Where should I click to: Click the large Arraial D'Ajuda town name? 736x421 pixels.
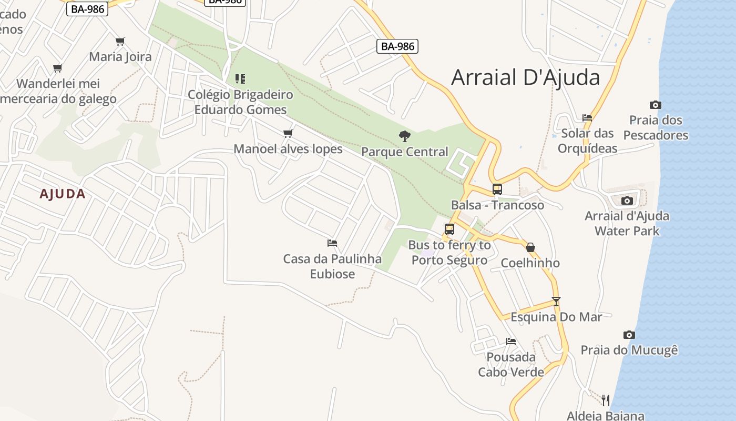(x=525, y=77)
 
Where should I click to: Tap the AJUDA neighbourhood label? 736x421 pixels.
(x=63, y=194)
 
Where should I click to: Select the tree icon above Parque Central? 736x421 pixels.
(x=404, y=136)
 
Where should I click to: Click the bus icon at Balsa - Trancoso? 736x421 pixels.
(x=497, y=189)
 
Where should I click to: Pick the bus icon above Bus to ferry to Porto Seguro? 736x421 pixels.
(x=449, y=229)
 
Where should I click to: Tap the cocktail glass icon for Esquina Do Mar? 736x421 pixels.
(x=556, y=302)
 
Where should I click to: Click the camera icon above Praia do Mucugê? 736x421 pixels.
(x=629, y=335)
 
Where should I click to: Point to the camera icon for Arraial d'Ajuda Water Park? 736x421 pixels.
(x=627, y=201)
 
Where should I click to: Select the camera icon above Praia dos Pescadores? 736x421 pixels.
(x=655, y=105)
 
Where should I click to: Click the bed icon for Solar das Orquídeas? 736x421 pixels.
(x=587, y=118)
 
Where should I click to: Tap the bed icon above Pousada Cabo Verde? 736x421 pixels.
(x=510, y=342)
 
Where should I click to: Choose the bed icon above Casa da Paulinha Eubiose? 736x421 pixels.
(x=332, y=243)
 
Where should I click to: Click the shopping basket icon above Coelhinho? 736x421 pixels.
(x=530, y=247)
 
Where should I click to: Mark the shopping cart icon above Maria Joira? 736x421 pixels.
(x=120, y=41)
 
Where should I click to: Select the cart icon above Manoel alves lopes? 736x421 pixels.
(x=288, y=133)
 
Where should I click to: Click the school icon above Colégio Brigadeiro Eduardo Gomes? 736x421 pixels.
(x=240, y=79)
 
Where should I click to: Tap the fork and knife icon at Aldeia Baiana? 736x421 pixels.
(x=605, y=400)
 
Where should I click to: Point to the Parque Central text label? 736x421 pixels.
(x=404, y=152)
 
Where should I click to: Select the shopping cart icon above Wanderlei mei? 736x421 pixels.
(x=58, y=68)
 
